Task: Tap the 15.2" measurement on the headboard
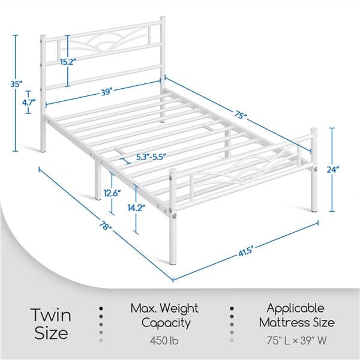coord(68,62)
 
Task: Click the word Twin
coord(51,314)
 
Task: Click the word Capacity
coord(165,323)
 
